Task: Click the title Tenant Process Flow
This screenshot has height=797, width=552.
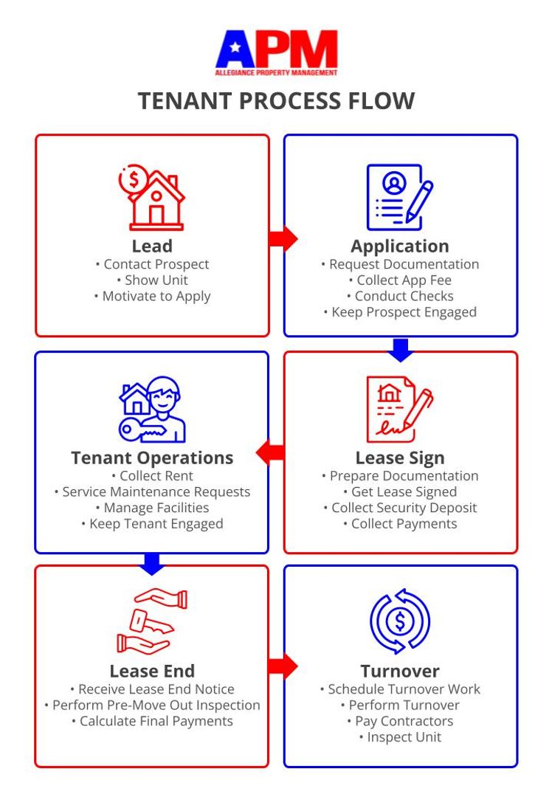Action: coord(276,101)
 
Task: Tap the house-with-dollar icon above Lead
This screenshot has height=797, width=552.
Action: coord(152,197)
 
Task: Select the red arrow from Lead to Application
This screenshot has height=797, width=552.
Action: coord(282,238)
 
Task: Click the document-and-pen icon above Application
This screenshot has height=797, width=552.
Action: coord(400,197)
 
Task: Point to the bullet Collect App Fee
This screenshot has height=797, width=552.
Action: coord(400,280)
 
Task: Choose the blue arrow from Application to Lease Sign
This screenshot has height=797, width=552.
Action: coord(400,349)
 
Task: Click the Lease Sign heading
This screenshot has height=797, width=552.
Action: coord(400,458)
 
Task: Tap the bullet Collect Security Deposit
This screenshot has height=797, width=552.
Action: coord(400,508)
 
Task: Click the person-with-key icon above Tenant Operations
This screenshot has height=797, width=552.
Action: coord(152,410)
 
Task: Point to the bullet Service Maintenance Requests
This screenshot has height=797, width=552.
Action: coord(152,491)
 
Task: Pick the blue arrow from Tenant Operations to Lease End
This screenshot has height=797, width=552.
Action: coord(152,563)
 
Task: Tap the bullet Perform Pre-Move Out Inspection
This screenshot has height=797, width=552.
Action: coord(152,705)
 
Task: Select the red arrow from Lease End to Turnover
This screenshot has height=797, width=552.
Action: coord(282,666)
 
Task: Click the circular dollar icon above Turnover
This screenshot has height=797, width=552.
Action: coord(400,621)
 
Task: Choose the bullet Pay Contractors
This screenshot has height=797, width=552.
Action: coord(400,721)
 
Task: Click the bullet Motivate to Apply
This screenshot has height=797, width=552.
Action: coord(152,297)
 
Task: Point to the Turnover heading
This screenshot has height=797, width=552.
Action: coord(400,671)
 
